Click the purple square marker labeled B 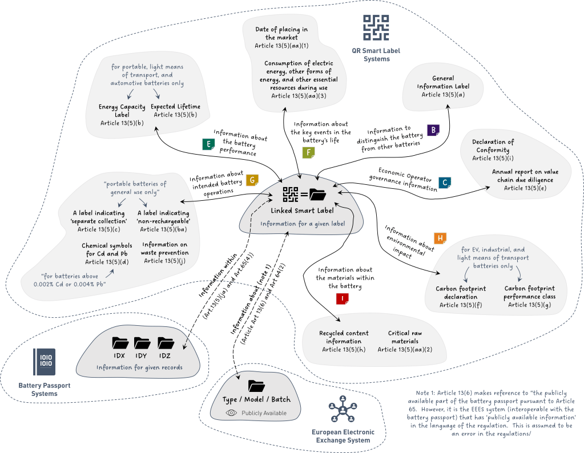(433, 130)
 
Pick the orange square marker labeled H (440, 238)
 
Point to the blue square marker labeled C (444, 183)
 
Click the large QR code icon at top (376, 27)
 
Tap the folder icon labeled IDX (120, 342)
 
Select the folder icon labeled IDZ (166, 342)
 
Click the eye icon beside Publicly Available (231, 412)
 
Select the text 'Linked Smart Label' (302, 211)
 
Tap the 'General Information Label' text (442, 83)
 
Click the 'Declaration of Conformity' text (493, 146)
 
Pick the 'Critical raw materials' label (405, 337)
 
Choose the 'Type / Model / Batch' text (256, 399)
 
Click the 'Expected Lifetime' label (175, 107)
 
